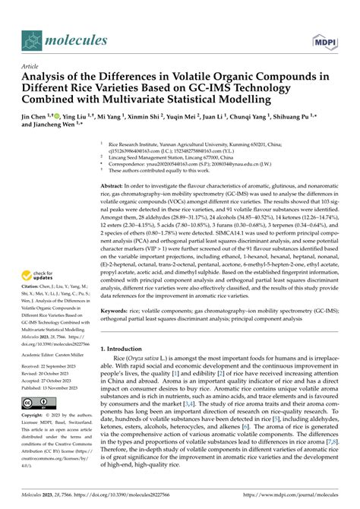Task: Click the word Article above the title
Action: [x=30, y=66]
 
